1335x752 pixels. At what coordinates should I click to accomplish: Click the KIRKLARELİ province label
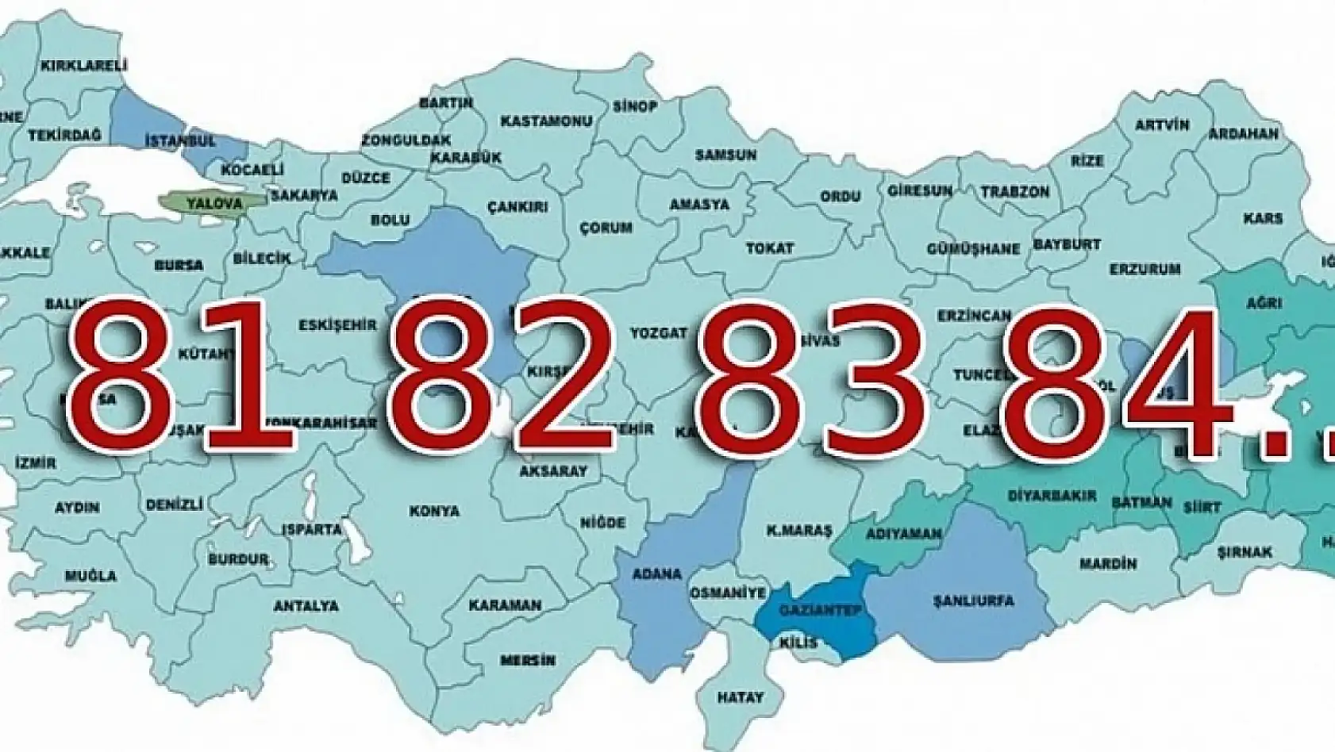(84, 66)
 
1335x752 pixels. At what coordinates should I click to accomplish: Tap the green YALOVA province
(214, 203)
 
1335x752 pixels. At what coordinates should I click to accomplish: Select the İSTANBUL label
(181, 141)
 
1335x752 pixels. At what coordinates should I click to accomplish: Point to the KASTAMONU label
(546, 121)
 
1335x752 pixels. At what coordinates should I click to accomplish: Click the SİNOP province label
(635, 106)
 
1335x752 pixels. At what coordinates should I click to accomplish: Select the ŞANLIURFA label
(974, 600)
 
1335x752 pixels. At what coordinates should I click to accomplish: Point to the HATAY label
(740, 698)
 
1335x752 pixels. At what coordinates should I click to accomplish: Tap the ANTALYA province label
(306, 606)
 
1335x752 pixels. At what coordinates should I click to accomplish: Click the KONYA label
(434, 512)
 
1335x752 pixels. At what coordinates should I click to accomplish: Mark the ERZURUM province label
(1145, 270)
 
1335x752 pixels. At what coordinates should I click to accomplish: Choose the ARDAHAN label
(1244, 134)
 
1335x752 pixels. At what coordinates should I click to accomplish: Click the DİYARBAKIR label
(1052, 497)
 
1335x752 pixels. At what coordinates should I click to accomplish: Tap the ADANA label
(656, 574)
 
